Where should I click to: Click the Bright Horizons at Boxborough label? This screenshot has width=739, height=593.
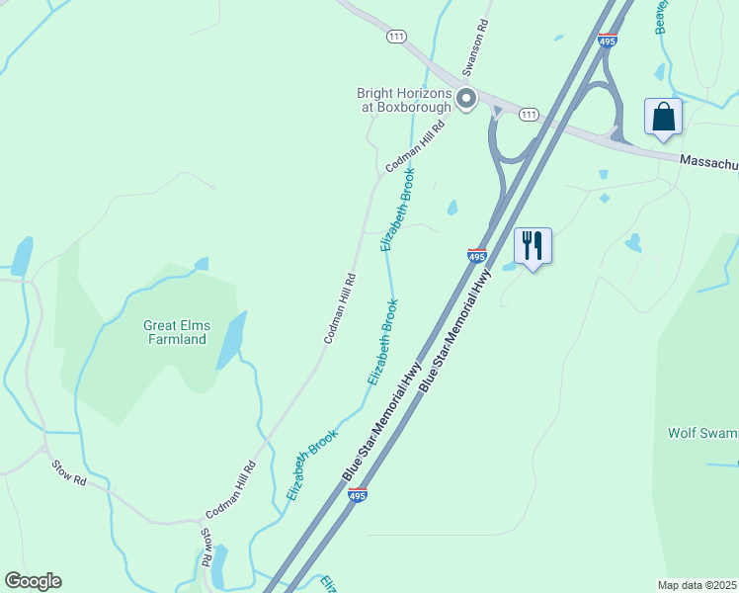(404, 100)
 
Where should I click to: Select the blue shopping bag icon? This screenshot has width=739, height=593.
(663, 117)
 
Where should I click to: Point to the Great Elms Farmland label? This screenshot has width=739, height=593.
(175, 332)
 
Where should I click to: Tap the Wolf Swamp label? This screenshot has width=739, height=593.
(702, 433)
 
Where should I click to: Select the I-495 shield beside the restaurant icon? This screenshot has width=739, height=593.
(477, 256)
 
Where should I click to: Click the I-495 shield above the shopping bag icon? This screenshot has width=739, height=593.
(608, 40)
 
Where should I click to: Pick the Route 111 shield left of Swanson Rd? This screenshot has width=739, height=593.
(396, 37)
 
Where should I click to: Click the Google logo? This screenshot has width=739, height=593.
(33, 581)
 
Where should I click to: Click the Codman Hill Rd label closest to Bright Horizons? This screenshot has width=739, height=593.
(416, 146)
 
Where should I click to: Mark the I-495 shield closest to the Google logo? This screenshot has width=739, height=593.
(359, 495)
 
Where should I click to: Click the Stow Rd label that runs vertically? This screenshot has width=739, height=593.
(207, 547)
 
